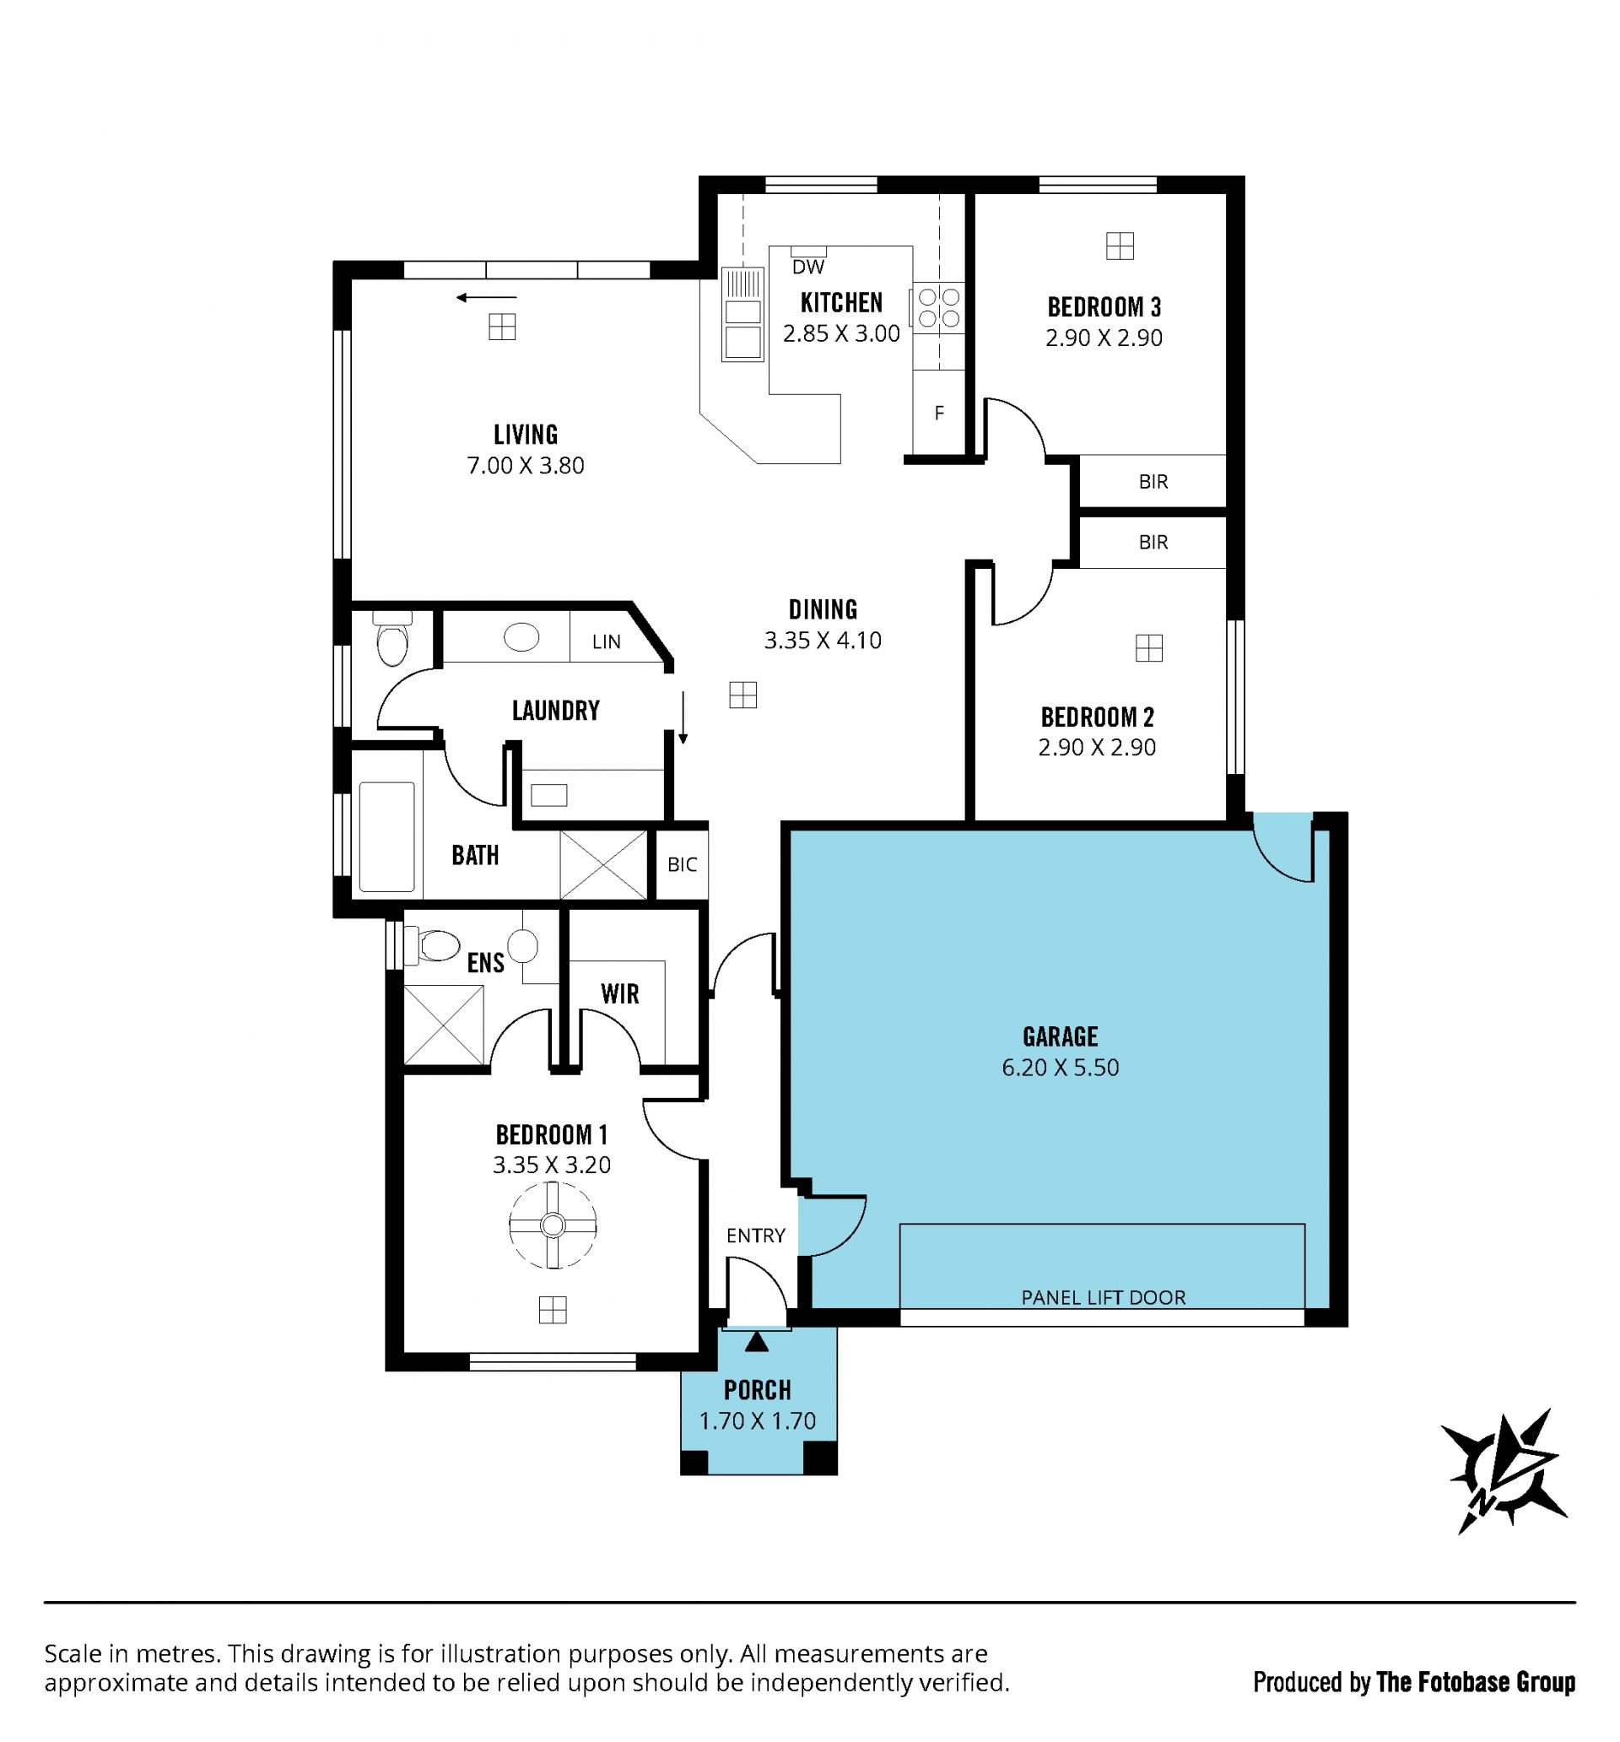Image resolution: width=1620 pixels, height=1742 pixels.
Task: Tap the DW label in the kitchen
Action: [807, 267]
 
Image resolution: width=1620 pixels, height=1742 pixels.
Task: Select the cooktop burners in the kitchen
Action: [938, 308]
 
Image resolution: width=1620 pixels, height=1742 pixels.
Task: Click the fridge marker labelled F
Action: [939, 413]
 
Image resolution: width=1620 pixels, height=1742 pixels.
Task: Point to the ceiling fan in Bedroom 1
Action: [552, 1225]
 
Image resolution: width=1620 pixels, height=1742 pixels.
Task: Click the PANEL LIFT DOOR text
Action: [1103, 1298]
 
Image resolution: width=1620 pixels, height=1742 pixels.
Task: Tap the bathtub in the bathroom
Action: [386, 837]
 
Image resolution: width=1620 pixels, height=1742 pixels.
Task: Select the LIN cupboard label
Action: [607, 641]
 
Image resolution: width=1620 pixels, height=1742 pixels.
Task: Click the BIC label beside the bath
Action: [683, 865]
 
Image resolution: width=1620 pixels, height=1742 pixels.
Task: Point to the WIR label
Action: [619, 993]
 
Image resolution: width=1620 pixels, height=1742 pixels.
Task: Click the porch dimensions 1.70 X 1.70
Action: [758, 1420]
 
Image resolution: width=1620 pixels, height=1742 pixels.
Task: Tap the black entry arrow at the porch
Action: [757, 1342]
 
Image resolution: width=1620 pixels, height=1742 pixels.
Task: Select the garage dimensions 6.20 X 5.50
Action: [1060, 1068]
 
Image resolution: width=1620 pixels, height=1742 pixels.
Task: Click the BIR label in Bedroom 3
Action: [1153, 481]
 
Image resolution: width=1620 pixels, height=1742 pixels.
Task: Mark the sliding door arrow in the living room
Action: [486, 298]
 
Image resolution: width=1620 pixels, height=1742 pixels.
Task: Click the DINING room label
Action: [823, 609]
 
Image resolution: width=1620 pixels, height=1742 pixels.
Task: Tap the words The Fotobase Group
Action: [1476, 1681]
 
